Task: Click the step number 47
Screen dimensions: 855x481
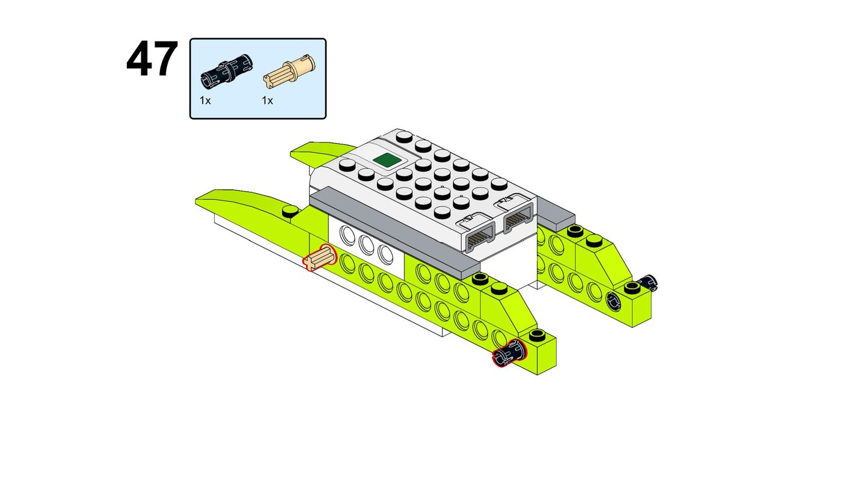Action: (152, 59)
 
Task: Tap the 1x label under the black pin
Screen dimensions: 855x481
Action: (205, 101)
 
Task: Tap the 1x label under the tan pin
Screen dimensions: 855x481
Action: (267, 101)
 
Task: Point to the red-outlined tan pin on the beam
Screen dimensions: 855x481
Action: (319, 258)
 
